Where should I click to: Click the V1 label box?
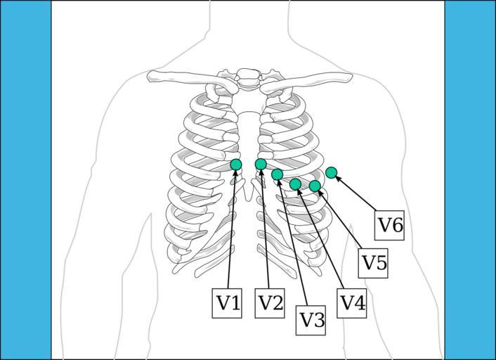click(227, 303)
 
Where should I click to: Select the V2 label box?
click(270, 303)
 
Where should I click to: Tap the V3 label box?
click(312, 320)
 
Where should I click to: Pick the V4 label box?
click(352, 303)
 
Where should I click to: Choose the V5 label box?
click(374, 263)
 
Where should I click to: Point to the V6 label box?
click(390, 225)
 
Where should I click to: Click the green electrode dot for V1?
click(236, 165)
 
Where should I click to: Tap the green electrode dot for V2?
click(261, 165)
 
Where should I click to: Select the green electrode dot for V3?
click(278, 174)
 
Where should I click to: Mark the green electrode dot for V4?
click(296, 184)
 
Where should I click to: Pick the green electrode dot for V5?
click(315, 186)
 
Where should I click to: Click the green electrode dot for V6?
click(332, 172)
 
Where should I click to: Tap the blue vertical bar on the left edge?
click(25, 180)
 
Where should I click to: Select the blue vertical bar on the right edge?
click(470, 180)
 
